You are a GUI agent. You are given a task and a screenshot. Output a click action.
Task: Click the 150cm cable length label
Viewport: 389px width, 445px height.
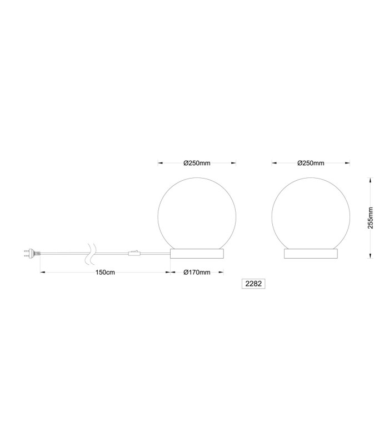tap(105, 273)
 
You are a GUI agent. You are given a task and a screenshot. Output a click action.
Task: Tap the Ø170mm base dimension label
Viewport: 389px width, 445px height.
tap(197, 273)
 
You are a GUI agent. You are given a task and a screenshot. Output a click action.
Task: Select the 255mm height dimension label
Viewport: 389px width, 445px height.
tap(371, 218)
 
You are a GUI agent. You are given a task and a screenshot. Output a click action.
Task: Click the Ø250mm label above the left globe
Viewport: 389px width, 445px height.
tap(197, 163)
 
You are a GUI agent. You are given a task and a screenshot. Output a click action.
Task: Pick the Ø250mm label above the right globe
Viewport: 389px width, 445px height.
tap(311, 163)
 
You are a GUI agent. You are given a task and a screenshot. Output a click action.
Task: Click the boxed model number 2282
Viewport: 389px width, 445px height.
tap(253, 284)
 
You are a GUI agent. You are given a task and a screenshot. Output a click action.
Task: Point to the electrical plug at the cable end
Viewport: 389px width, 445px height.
tap(32, 253)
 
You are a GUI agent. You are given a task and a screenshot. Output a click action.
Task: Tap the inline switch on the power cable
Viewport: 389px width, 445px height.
tap(134, 253)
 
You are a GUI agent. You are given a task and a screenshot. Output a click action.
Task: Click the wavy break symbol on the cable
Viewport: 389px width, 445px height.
tap(92, 253)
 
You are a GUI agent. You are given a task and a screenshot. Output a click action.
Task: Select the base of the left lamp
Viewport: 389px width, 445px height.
tap(197, 254)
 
